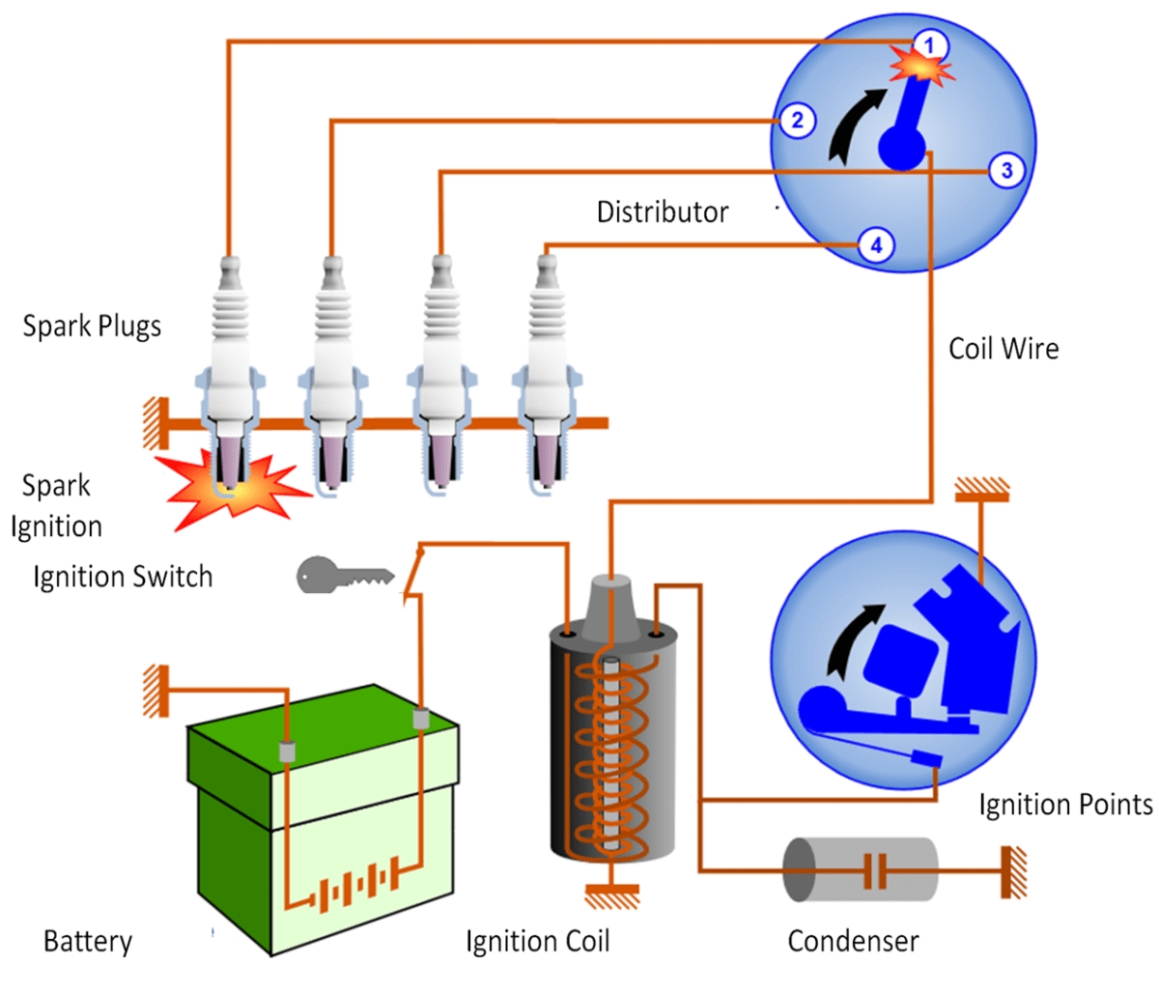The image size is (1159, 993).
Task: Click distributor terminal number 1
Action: click(929, 45)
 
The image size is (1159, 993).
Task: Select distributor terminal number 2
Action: click(797, 121)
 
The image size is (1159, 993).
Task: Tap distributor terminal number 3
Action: click(1006, 171)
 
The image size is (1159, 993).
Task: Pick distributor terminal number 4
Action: click(876, 245)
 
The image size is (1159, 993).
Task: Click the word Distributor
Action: click(663, 213)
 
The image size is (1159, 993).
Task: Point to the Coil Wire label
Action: click(1004, 349)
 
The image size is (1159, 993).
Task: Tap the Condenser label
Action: click(853, 941)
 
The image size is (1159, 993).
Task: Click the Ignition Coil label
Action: click(537, 941)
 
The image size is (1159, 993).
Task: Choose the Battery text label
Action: click(88, 941)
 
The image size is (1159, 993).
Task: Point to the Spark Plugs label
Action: click(92, 326)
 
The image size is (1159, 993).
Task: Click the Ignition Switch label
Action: click(123, 577)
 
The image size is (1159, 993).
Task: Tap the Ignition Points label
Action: click(1065, 805)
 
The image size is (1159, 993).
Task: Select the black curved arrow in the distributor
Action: click(852, 126)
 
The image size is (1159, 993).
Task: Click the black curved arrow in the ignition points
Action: click(852, 638)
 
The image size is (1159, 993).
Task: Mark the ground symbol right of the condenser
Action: click(1013, 870)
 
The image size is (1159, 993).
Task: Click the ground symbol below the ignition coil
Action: click(612, 896)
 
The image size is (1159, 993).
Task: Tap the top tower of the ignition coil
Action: click(610, 599)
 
